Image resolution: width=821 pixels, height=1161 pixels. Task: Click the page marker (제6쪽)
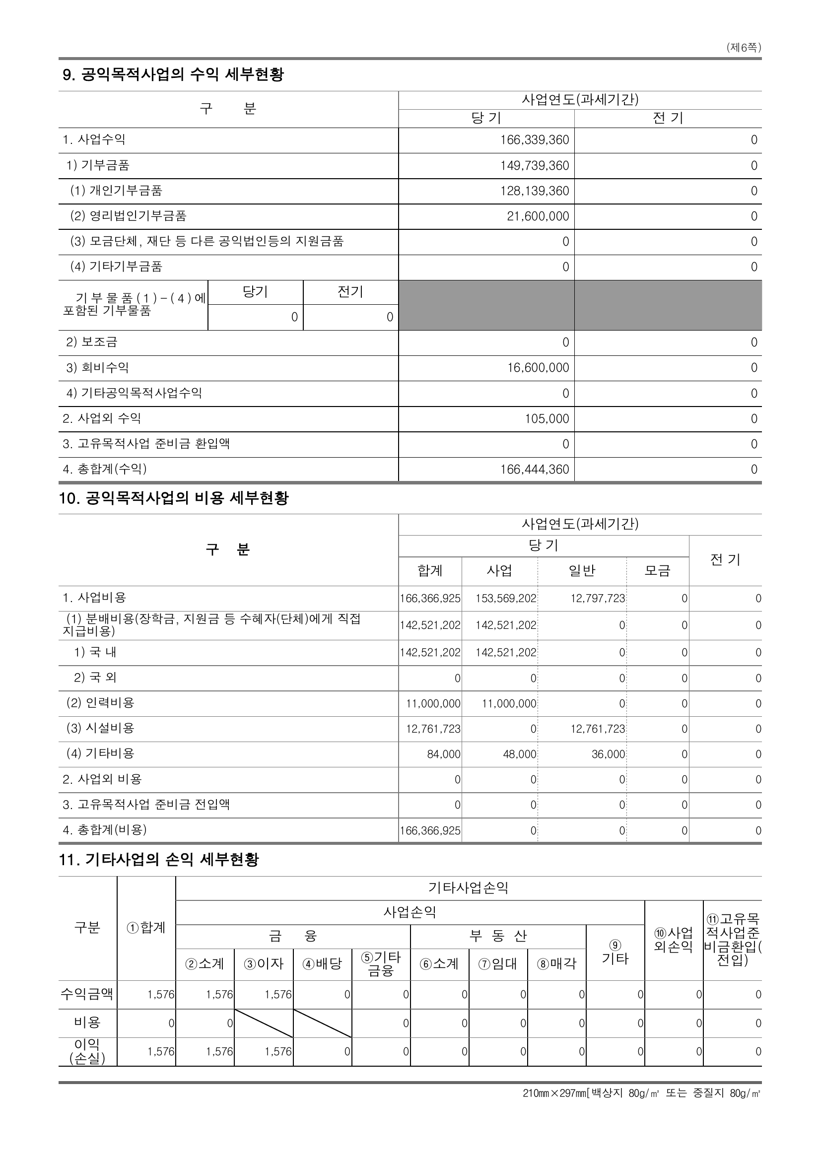(743, 48)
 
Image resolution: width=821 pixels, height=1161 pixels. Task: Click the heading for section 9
(173, 75)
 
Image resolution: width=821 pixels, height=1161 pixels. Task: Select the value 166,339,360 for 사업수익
(535, 140)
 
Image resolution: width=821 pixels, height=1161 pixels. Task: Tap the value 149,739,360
(535, 165)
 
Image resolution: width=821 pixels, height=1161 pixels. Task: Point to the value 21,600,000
(538, 216)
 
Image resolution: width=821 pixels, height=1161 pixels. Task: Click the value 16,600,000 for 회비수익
(538, 368)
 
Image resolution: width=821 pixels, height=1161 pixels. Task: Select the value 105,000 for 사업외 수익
(547, 419)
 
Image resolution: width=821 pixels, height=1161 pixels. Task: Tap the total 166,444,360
(535, 469)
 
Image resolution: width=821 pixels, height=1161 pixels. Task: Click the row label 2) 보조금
(91, 342)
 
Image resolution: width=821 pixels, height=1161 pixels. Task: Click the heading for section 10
(173, 498)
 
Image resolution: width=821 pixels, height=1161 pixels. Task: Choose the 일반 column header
(582, 571)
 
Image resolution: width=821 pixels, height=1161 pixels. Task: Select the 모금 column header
(657, 571)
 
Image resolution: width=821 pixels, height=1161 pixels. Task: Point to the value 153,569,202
(505, 599)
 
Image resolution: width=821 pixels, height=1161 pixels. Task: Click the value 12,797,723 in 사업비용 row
(598, 599)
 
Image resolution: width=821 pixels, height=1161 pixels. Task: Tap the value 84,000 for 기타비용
(443, 754)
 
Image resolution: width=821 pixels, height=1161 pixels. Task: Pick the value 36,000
(608, 754)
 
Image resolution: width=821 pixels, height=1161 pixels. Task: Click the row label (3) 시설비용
(100, 728)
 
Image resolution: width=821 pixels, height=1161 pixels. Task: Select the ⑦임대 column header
(497, 964)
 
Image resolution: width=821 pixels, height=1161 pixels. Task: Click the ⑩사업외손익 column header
(674, 940)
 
